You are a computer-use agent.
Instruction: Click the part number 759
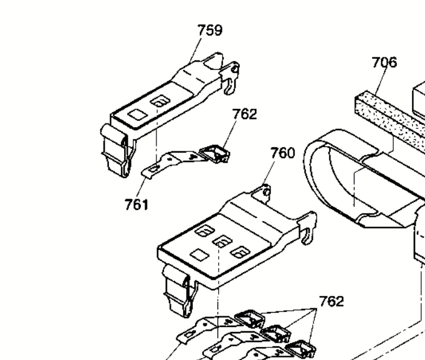pos(210,30)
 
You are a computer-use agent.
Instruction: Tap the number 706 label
pos(384,62)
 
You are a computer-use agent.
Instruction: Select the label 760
pos(283,153)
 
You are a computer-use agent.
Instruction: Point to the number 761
pos(136,204)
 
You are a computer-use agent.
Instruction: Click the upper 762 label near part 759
pos(244,114)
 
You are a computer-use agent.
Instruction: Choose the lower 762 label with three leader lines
pos(332,301)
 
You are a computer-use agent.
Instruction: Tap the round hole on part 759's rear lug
pos(235,70)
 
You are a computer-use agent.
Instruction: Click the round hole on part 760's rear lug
pos(267,192)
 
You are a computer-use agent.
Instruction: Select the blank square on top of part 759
pos(138,115)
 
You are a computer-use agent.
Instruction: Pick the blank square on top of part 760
pos(199,255)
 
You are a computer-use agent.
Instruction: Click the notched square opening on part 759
pos(160,102)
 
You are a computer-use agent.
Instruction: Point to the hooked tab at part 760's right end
pos(308,229)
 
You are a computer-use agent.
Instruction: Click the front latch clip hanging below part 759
pos(117,150)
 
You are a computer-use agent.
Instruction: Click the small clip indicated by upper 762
pos(214,154)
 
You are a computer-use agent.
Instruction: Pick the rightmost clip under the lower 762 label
pos(301,349)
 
